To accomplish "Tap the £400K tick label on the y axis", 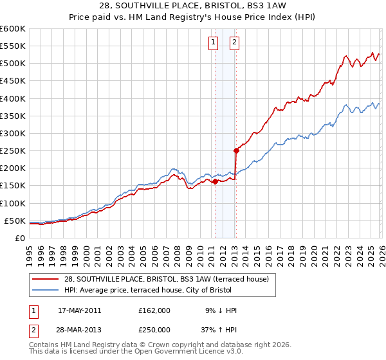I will (x=13, y=98).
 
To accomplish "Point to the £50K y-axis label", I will (x=15, y=221).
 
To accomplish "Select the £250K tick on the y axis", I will (x=13, y=151).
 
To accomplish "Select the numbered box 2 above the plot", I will (x=234, y=43).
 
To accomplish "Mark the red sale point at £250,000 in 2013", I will (x=236, y=151).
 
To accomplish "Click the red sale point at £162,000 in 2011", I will (x=215, y=181).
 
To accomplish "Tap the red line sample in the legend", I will (x=46, y=278).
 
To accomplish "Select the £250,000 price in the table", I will (x=154, y=330).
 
